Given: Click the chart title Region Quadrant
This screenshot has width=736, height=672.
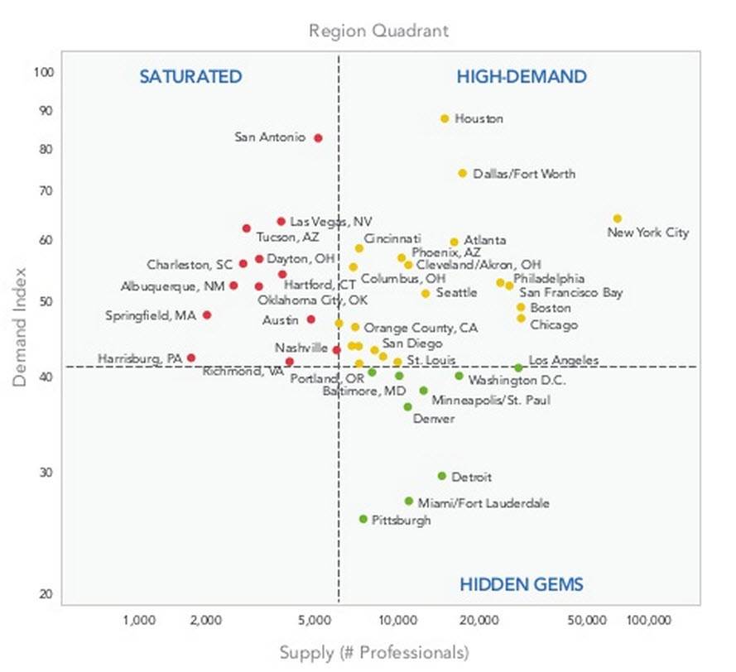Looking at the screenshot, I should pyautogui.click(x=378, y=31).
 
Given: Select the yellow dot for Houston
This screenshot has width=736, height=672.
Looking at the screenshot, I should pyautogui.click(x=445, y=119).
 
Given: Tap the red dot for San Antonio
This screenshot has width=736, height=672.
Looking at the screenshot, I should pyautogui.click(x=318, y=138).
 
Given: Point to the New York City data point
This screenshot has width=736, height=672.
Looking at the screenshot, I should pyautogui.click(x=618, y=218).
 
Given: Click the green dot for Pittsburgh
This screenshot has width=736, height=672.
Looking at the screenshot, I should pyautogui.click(x=363, y=520).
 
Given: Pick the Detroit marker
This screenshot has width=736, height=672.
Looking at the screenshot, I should pyautogui.click(x=442, y=476).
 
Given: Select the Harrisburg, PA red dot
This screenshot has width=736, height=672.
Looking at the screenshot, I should pyautogui.click(x=191, y=358).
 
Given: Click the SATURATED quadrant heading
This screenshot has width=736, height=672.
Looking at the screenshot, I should pyautogui.click(x=190, y=78).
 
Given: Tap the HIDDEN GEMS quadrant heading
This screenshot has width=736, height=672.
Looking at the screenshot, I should pyautogui.click(x=522, y=585).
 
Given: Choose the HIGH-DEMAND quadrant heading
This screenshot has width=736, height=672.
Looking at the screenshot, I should pyautogui.click(x=522, y=78).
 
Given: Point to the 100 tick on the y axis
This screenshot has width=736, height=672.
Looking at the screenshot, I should pyautogui.click(x=44, y=72).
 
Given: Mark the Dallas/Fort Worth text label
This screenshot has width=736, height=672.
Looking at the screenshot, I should pyautogui.click(x=524, y=175).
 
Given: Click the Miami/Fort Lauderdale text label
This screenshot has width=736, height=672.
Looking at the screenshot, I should pyautogui.click(x=483, y=503).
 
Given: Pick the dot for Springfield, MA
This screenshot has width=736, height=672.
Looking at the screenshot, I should pyautogui.click(x=207, y=315).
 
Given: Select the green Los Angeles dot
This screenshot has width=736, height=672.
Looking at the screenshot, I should pyautogui.click(x=518, y=367).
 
